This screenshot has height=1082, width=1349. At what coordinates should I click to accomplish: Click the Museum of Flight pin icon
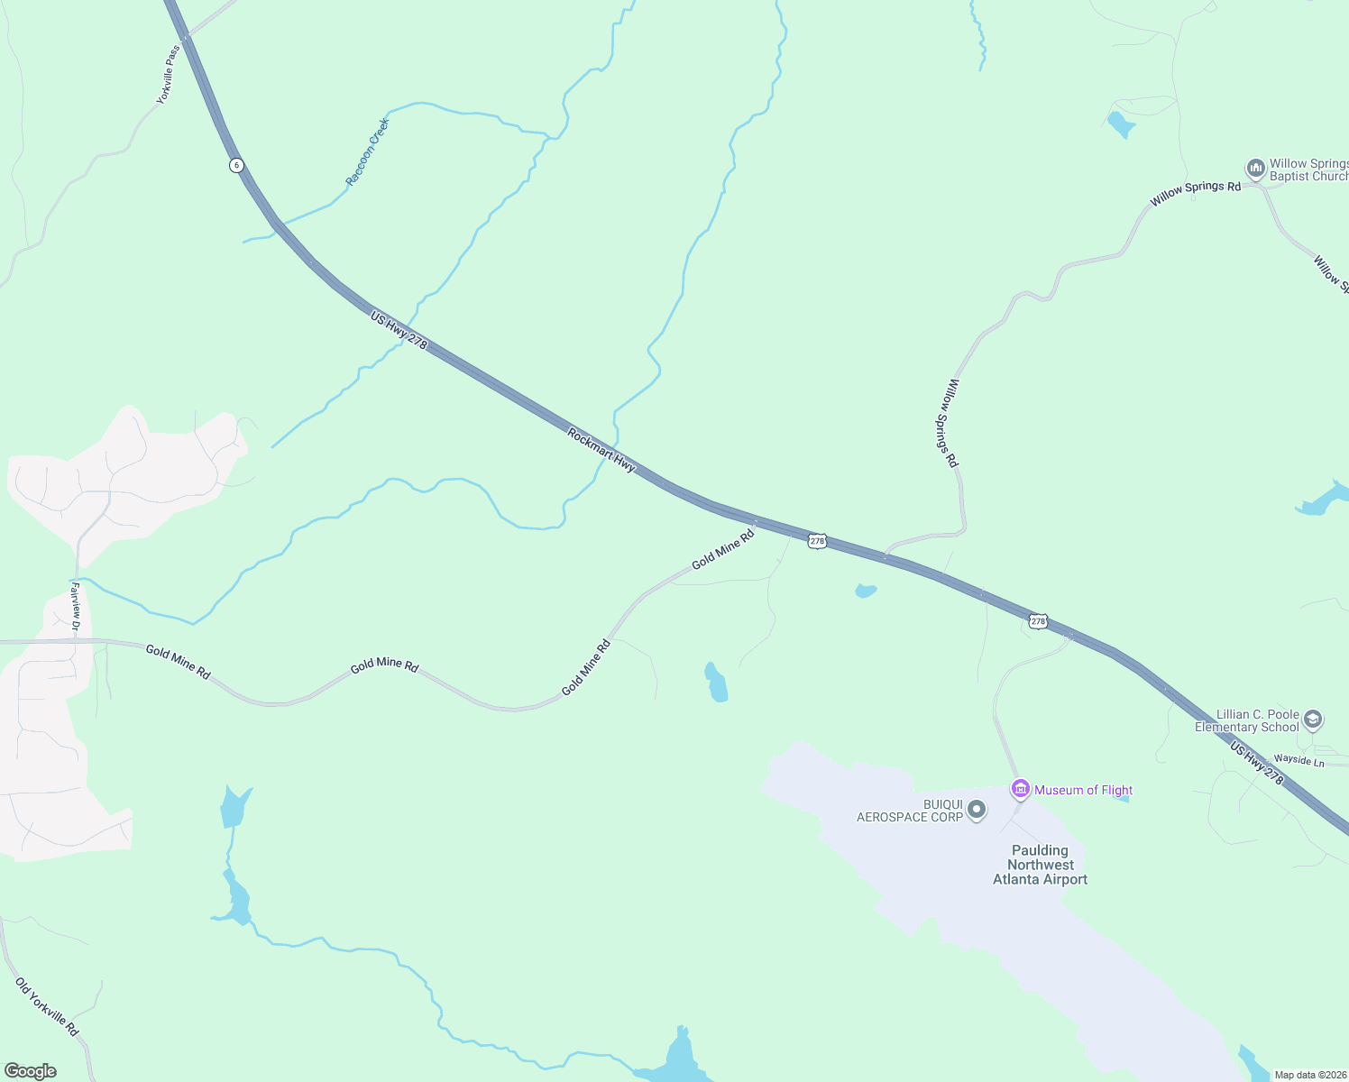pyautogui.click(x=1020, y=789)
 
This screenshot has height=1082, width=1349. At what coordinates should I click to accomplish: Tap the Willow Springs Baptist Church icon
pyautogui.click(x=1255, y=169)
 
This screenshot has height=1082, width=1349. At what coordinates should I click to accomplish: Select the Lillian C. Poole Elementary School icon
pyautogui.click(x=1313, y=720)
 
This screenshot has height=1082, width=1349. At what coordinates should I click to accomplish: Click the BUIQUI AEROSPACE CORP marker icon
pyautogui.click(x=976, y=811)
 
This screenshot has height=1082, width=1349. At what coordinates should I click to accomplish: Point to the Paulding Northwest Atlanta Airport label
pyautogui.click(x=1040, y=865)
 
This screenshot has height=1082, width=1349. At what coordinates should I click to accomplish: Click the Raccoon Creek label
pyautogui.click(x=368, y=151)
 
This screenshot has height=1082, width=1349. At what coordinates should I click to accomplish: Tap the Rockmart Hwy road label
pyautogui.click(x=601, y=450)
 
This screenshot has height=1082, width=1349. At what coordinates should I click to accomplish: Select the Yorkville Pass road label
pyautogui.click(x=169, y=75)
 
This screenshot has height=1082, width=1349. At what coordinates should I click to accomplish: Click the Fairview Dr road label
pyautogui.click(x=76, y=606)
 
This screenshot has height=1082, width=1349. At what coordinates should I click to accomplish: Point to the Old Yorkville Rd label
pyautogui.click(x=47, y=1006)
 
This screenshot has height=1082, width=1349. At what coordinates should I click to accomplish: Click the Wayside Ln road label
pyautogui.click(x=1299, y=761)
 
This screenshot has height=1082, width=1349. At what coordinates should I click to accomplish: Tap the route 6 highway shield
pyautogui.click(x=235, y=165)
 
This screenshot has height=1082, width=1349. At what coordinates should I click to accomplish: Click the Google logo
pyautogui.click(x=30, y=1071)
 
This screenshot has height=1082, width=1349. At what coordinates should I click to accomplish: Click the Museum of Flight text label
pyautogui.click(x=1083, y=790)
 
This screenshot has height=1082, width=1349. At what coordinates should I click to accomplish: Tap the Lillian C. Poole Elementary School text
pyautogui.click(x=1246, y=720)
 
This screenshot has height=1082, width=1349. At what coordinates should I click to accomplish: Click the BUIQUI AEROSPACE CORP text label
pyautogui.click(x=909, y=811)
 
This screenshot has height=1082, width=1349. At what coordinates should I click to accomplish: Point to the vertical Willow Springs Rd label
pyautogui.click(x=951, y=422)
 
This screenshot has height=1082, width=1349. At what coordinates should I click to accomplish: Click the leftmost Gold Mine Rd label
pyautogui.click(x=178, y=663)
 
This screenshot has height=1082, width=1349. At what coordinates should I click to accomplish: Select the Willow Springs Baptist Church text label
pyautogui.click(x=1308, y=170)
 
